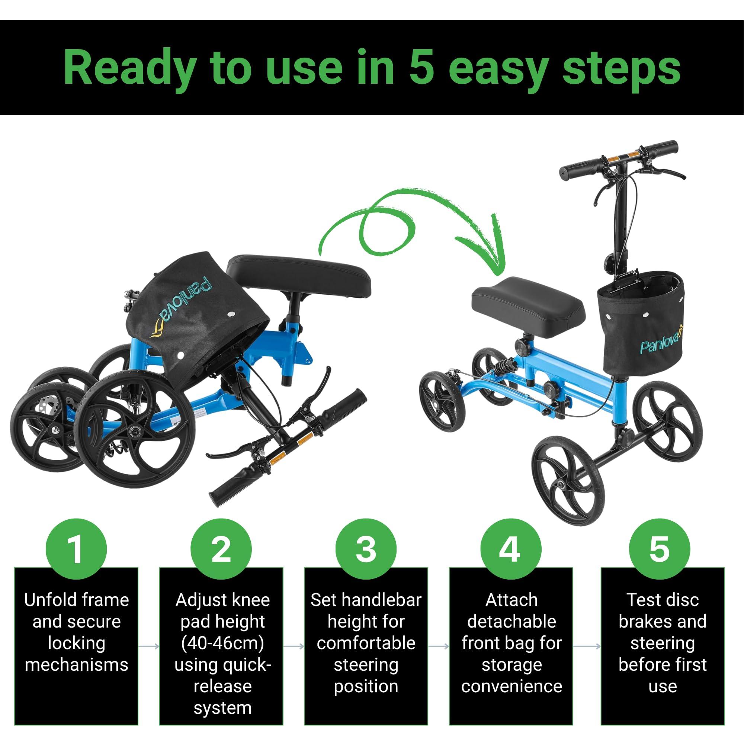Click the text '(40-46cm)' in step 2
pos(222,643)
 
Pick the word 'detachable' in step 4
pos(511,622)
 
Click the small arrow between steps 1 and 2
pos(149,646)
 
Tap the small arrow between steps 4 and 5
pos(587,646)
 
